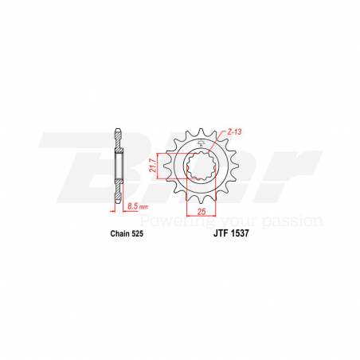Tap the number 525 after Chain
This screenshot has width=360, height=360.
click(x=132, y=235)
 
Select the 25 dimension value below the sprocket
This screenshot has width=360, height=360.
click(x=200, y=211)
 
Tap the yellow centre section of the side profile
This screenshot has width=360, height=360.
click(x=119, y=167)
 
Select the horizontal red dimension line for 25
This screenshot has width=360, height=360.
click(x=200, y=216)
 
